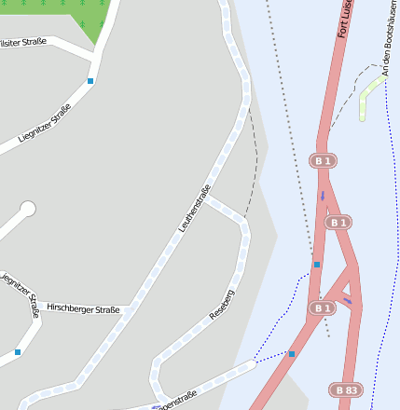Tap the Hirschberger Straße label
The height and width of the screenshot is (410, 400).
(83, 307)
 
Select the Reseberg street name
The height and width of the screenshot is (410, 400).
(222, 306)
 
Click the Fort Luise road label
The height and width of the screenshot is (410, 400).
(344, 19)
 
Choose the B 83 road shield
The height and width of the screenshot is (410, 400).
(346, 389)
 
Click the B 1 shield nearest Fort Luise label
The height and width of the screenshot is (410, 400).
(323, 161)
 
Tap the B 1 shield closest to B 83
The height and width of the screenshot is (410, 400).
(323, 307)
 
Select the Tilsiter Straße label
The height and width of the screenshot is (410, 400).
(21, 41)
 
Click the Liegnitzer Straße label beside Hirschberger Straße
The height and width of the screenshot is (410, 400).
(21, 294)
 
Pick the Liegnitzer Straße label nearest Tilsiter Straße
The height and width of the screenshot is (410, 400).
(44, 128)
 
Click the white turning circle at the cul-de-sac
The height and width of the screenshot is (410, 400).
(28, 209)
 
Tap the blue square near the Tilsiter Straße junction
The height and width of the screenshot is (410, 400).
(90, 81)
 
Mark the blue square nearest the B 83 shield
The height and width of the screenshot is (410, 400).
(292, 354)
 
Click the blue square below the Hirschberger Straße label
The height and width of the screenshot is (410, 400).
(18, 352)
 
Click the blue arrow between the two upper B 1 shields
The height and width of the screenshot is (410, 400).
(323, 196)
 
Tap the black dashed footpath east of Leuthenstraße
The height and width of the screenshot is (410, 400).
(254, 158)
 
